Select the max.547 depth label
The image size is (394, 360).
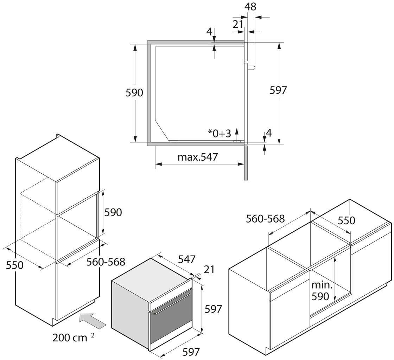pyautogui.click(x=198, y=157)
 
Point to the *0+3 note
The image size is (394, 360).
pyautogui.click(x=219, y=133)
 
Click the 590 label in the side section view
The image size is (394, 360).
pyautogui.click(x=135, y=93)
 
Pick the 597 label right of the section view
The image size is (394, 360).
pyautogui.click(x=278, y=90)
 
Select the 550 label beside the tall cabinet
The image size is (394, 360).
pyautogui.click(x=15, y=265)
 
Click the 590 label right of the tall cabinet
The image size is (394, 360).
pyautogui.click(x=113, y=213)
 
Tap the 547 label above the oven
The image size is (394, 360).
pyautogui.click(x=186, y=259)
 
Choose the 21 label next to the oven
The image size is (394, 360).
pyautogui.click(x=209, y=270)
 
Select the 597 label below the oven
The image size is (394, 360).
pyautogui.click(x=190, y=351)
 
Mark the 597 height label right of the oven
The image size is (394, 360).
pyautogui.click(x=213, y=309)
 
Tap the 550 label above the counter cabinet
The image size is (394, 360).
pyautogui.click(x=347, y=220)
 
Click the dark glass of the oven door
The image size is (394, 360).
pyautogui.click(x=169, y=325)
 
